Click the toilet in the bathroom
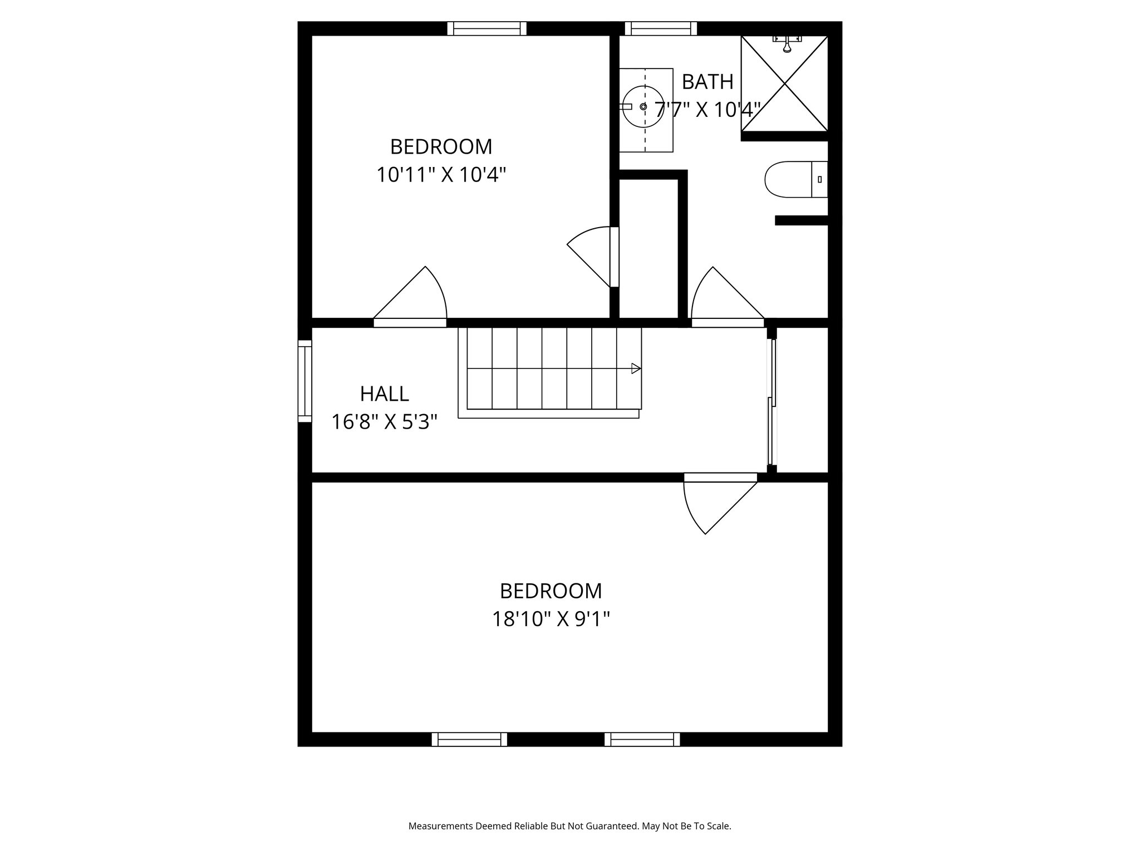[795, 179]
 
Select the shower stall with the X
[784, 83]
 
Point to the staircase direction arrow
[636, 368]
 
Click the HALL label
[384, 394]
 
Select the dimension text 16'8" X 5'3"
[384, 422]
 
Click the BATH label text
[707, 82]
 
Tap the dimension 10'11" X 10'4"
[441, 175]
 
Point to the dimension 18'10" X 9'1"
[551, 619]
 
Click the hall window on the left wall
[304, 381]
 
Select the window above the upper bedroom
[487, 28]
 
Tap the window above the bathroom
[661, 28]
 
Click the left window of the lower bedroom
[469, 739]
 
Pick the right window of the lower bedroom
[642, 739]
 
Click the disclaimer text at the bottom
[569, 826]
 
